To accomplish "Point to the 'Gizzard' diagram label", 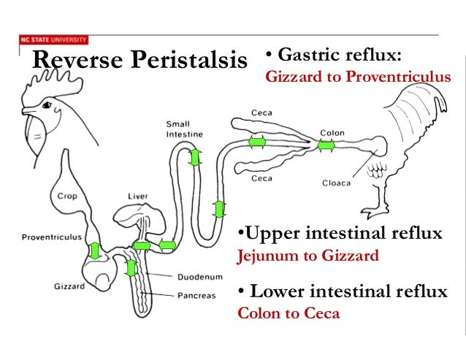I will point(69,287).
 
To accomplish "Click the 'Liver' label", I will point(138,196).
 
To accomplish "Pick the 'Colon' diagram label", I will point(332,134).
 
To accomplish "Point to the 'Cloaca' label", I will point(337,183).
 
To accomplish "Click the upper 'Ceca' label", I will point(262,112).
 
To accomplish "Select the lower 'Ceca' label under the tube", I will point(262,178).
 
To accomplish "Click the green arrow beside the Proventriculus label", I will point(95,251).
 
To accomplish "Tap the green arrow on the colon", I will point(326,145).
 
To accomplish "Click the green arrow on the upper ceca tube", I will point(256,142).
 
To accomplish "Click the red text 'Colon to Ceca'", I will point(289,315).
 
